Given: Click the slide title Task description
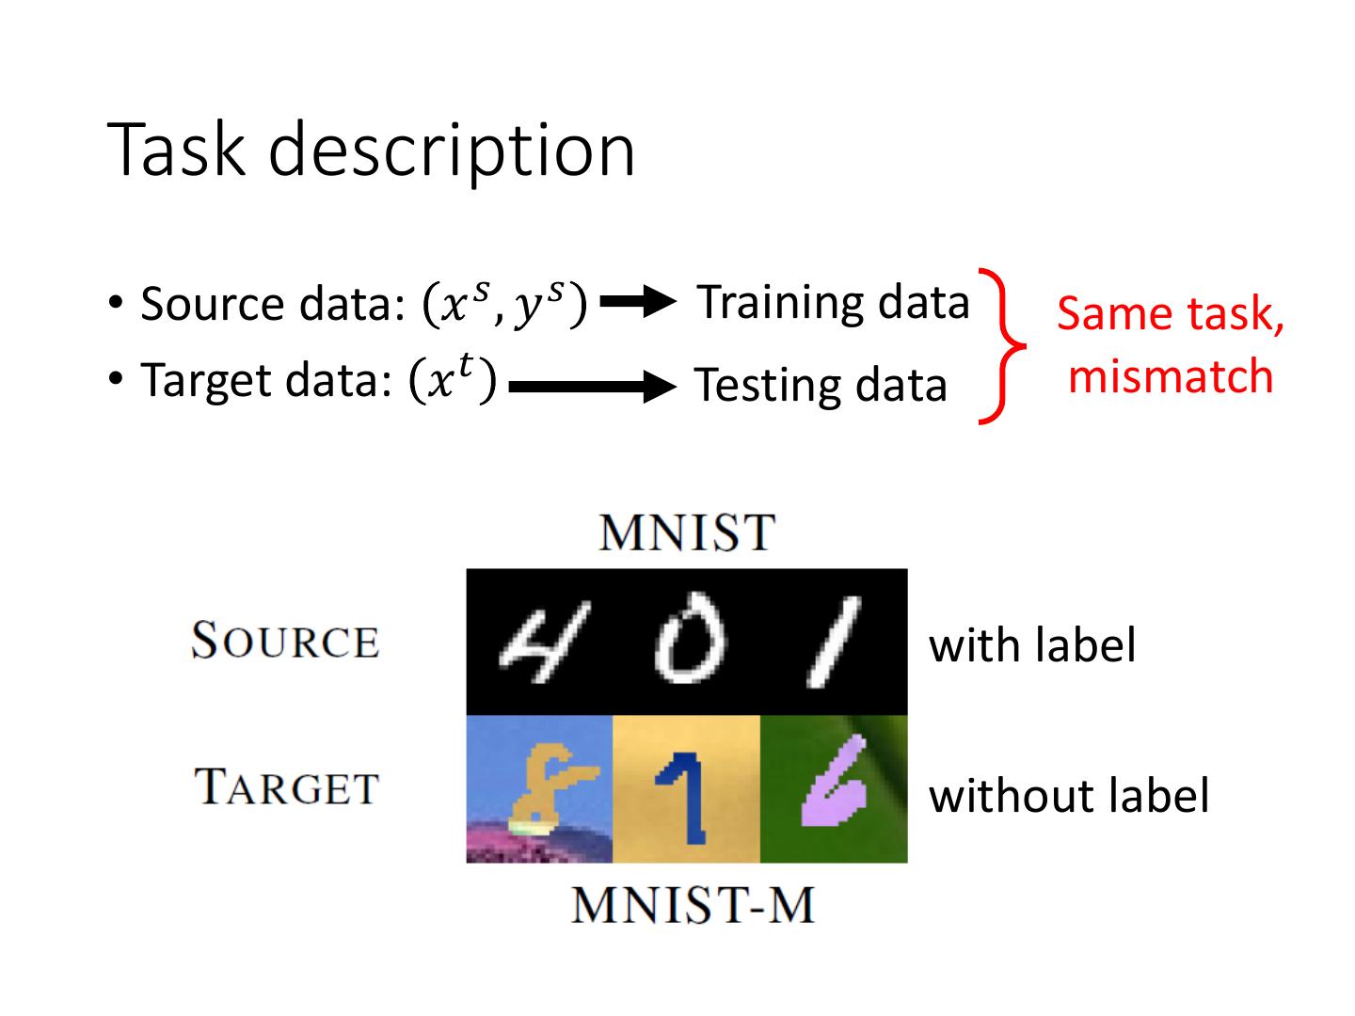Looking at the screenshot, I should click(x=373, y=151).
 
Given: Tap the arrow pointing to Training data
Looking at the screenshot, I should click(x=638, y=302).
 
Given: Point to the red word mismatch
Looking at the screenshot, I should click(x=1171, y=376).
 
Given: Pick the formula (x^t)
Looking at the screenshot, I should click(x=453, y=380).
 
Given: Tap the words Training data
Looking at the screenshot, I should click(x=833, y=303).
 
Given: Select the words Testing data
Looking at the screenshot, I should click(x=820, y=386).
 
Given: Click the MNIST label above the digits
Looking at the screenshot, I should click(x=686, y=532).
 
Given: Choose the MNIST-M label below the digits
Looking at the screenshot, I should click(x=693, y=906).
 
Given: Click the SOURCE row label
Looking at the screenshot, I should click(x=284, y=642).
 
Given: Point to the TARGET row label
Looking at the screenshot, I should click(x=286, y=787).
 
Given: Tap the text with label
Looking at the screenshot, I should click(x=1032, y=645).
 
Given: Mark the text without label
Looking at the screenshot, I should click(x=1068, y=796).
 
